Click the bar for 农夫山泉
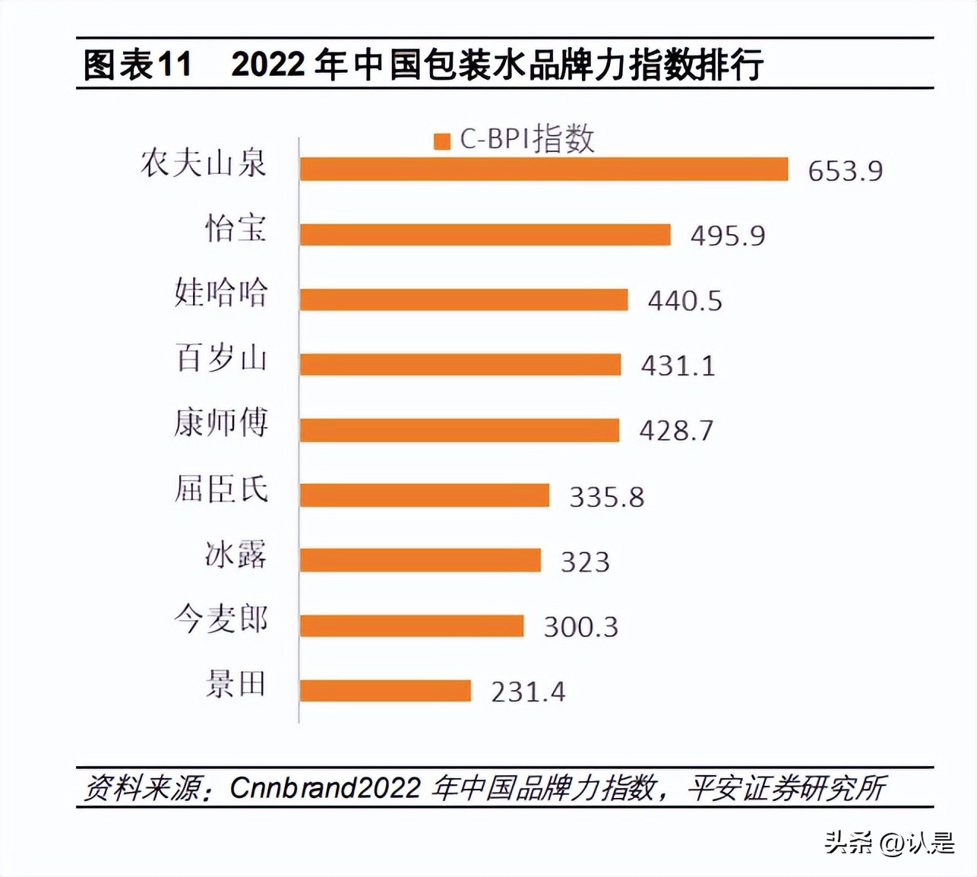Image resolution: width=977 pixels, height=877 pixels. click(543, 169)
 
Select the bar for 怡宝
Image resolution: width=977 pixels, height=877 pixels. click(485, 234)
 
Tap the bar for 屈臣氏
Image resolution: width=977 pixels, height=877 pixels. click(424, 495)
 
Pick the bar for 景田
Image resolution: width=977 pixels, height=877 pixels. click(385, 691)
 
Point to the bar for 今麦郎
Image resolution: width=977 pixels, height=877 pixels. click(411, 625)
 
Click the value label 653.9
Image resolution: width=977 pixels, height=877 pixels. click(845, 171)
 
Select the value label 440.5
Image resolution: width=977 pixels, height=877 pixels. click(685, 301)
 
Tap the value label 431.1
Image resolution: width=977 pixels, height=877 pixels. click(678, 366)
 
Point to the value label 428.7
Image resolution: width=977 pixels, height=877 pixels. click(676, 431)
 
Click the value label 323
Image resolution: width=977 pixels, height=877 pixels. click(585, 562)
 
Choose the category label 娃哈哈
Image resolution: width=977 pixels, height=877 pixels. click(221, 293)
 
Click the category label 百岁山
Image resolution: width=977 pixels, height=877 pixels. click(221, 357)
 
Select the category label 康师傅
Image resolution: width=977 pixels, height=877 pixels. click(221, 423)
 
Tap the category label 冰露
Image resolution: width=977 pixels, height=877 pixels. click(236, 555)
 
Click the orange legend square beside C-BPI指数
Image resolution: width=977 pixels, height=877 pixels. click(442, 141)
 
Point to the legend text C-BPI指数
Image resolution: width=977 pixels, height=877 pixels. click(526, 140)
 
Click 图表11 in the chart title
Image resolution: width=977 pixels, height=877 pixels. click(137, 65)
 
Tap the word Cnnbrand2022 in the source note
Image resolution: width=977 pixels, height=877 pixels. click(324, 787)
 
